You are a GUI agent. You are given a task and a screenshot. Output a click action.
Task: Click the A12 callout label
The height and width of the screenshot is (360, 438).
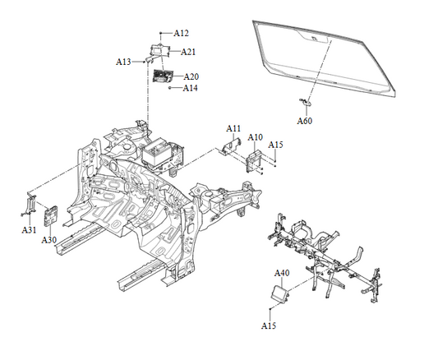coord(182,34)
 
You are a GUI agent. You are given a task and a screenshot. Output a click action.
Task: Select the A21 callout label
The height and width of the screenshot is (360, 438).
coord(188,52)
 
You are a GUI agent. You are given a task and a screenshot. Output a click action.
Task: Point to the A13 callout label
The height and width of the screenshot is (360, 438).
coord(123,62)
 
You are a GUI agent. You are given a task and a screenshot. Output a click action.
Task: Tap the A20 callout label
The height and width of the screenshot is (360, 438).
coord(191,77)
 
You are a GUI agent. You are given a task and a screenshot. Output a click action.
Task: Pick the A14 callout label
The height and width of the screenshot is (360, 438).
coord(190,88)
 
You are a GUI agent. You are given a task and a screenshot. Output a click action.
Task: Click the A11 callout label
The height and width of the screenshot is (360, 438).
coord(234,128)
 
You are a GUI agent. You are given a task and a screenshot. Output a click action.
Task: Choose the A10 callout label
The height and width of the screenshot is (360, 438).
coord(256,137)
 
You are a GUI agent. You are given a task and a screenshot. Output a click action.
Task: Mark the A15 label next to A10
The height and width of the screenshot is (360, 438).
coord(276,145)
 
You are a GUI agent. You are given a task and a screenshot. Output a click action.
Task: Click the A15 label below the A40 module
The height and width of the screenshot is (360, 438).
coord(269,326)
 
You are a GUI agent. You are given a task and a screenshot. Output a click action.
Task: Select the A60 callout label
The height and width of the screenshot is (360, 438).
coord(304,121)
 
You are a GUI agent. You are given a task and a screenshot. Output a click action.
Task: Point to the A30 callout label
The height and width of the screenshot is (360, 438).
coord(49,240)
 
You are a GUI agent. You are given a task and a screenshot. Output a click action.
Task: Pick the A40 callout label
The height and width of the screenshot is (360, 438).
coord(282,273)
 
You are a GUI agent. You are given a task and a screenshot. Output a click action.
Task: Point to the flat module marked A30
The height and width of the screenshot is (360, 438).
coord(49,215)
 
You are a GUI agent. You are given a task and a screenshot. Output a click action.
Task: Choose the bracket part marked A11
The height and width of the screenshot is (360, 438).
coord(228,145)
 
